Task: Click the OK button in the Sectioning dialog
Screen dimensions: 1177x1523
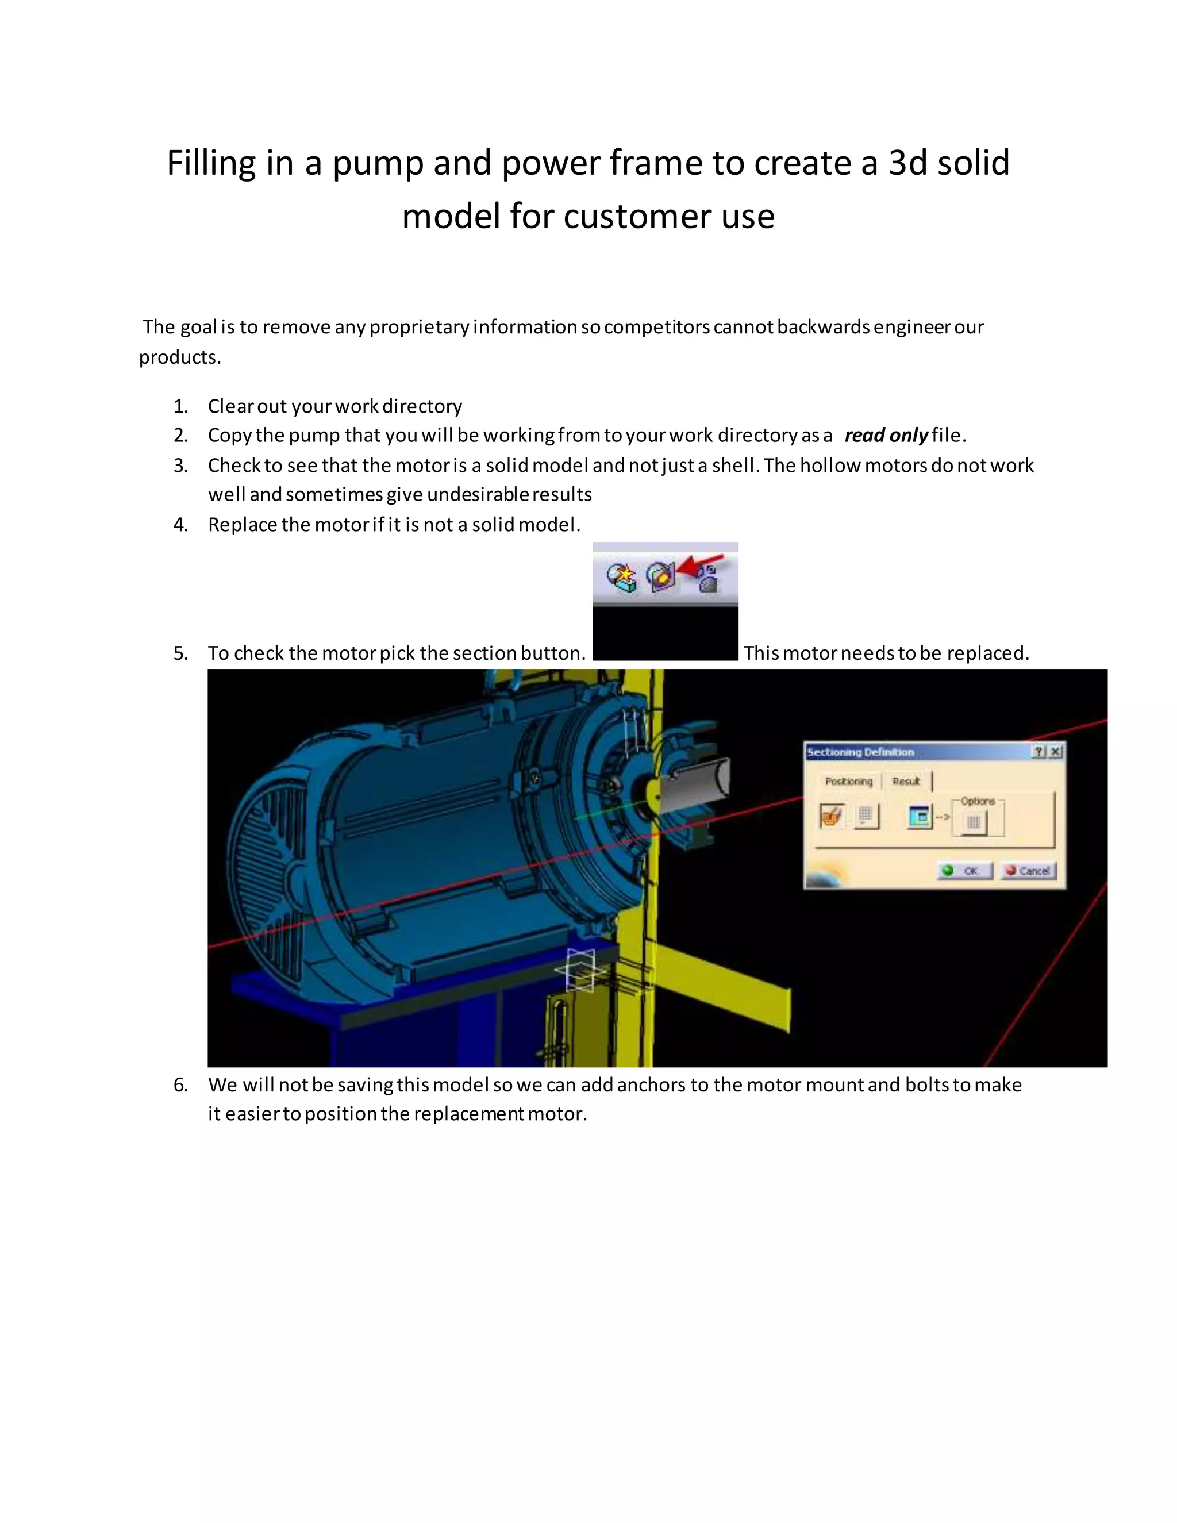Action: [964, 870]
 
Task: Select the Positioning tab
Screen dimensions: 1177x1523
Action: [848, 781]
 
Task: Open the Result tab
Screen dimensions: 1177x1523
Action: [906, 781]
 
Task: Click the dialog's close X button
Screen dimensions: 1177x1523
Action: [1056, 751]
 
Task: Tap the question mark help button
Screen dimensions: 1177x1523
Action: [1039, 751]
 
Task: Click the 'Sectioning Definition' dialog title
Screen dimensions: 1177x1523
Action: [860, 752]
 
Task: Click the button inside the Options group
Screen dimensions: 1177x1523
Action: [974, 822]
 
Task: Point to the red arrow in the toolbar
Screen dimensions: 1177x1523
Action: [701, 564]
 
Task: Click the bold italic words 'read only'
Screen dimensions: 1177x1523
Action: [886, 435]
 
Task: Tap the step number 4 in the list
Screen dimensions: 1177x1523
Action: [180, 524]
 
